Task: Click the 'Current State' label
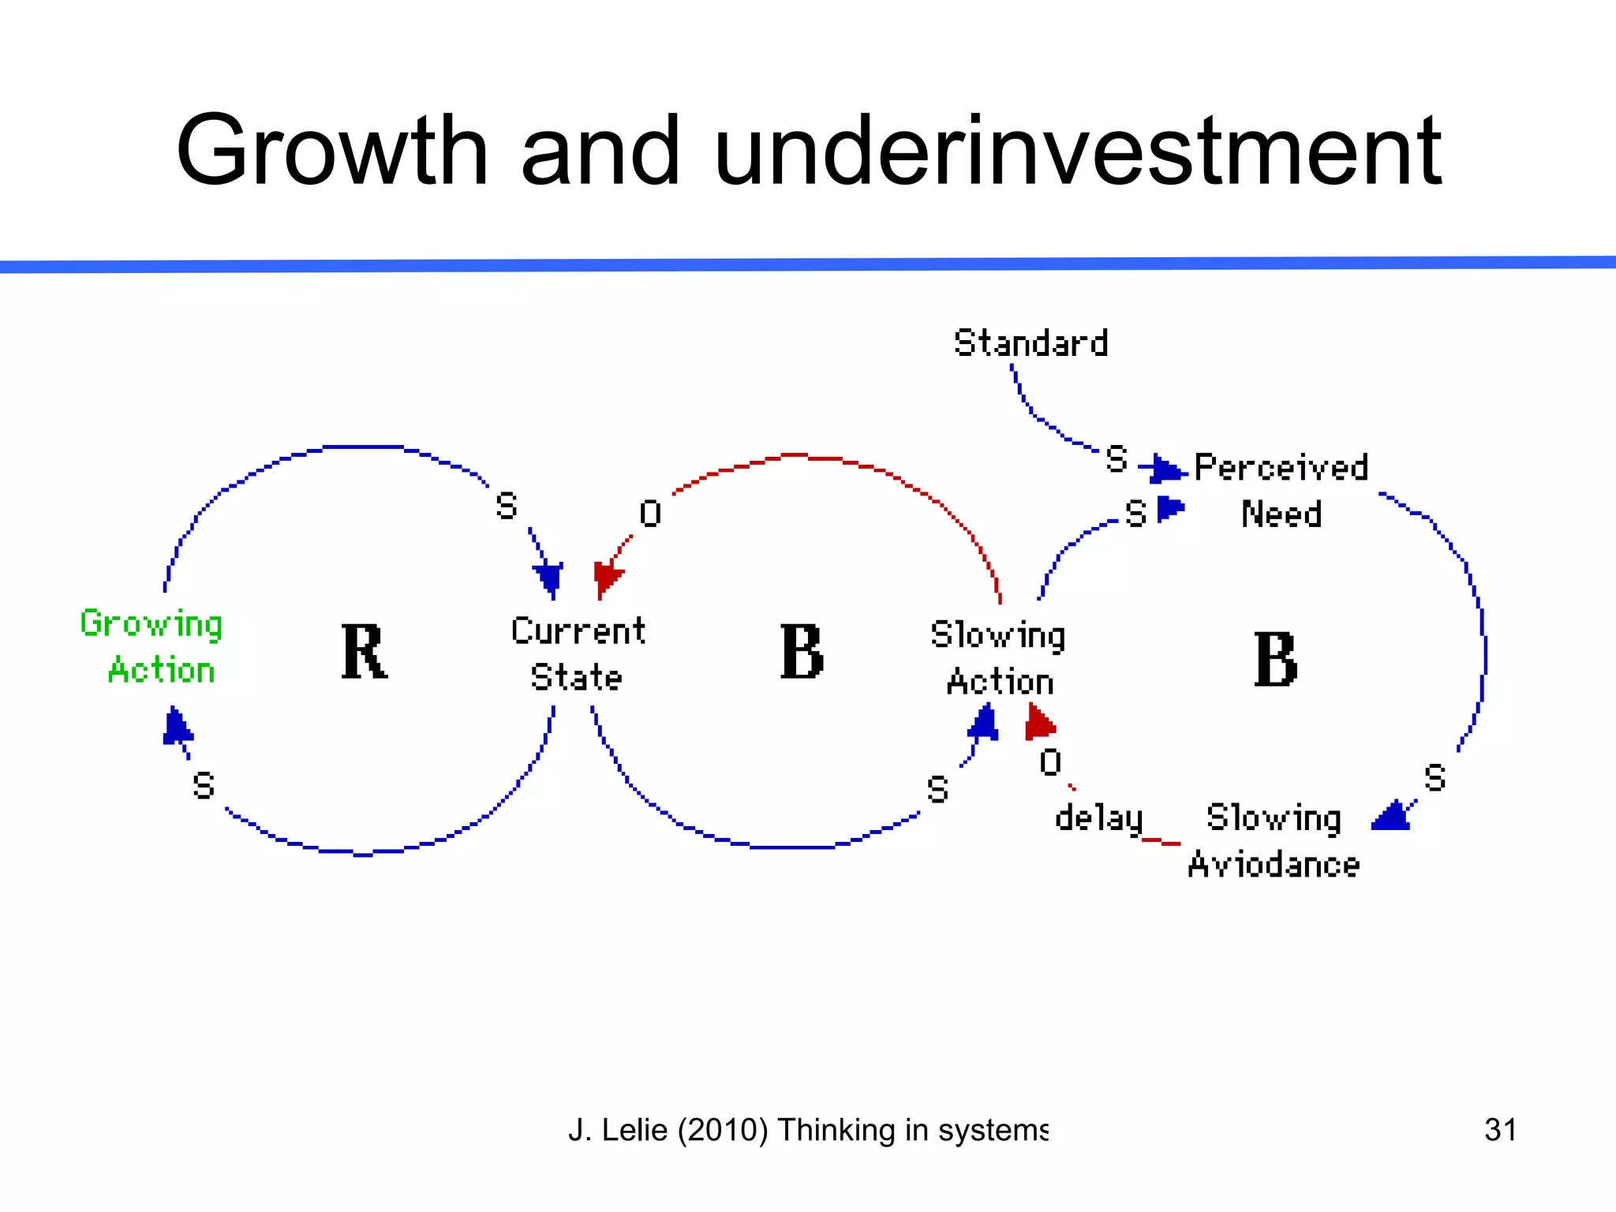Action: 578,654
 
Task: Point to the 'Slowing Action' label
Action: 998,658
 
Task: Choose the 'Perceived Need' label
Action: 1281,491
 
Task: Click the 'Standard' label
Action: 1031,343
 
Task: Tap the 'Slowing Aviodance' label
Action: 1274,841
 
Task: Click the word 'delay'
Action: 1098,818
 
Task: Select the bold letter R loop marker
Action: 364,652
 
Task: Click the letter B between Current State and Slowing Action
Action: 802,652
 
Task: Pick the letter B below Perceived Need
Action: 1275,660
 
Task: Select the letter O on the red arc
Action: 650,514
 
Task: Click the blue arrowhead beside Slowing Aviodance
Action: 1392,817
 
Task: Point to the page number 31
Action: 1500,1129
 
